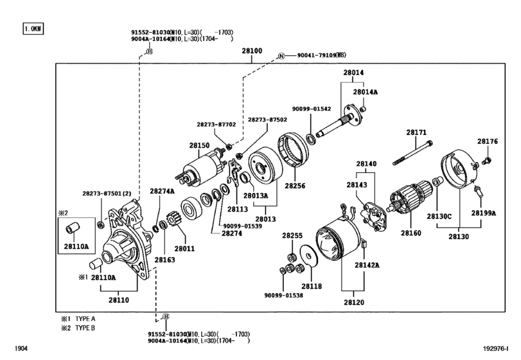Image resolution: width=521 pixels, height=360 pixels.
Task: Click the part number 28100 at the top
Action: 252,50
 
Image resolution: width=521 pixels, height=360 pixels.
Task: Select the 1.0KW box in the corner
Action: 31,30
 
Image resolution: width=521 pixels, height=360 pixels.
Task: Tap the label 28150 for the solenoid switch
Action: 199,147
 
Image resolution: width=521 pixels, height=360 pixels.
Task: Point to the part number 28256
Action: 295,186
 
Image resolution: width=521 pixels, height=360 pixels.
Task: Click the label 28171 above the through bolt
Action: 416,133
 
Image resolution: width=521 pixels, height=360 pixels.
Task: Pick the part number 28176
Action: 487,141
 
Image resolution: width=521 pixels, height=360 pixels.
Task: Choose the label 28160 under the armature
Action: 411,233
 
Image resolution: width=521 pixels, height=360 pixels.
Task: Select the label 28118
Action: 312,286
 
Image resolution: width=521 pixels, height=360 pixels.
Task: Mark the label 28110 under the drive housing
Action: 119,300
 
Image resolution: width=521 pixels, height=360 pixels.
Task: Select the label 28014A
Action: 366,93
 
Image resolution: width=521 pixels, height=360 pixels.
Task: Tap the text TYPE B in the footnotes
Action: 84,327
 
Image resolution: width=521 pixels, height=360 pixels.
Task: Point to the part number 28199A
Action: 483,212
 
